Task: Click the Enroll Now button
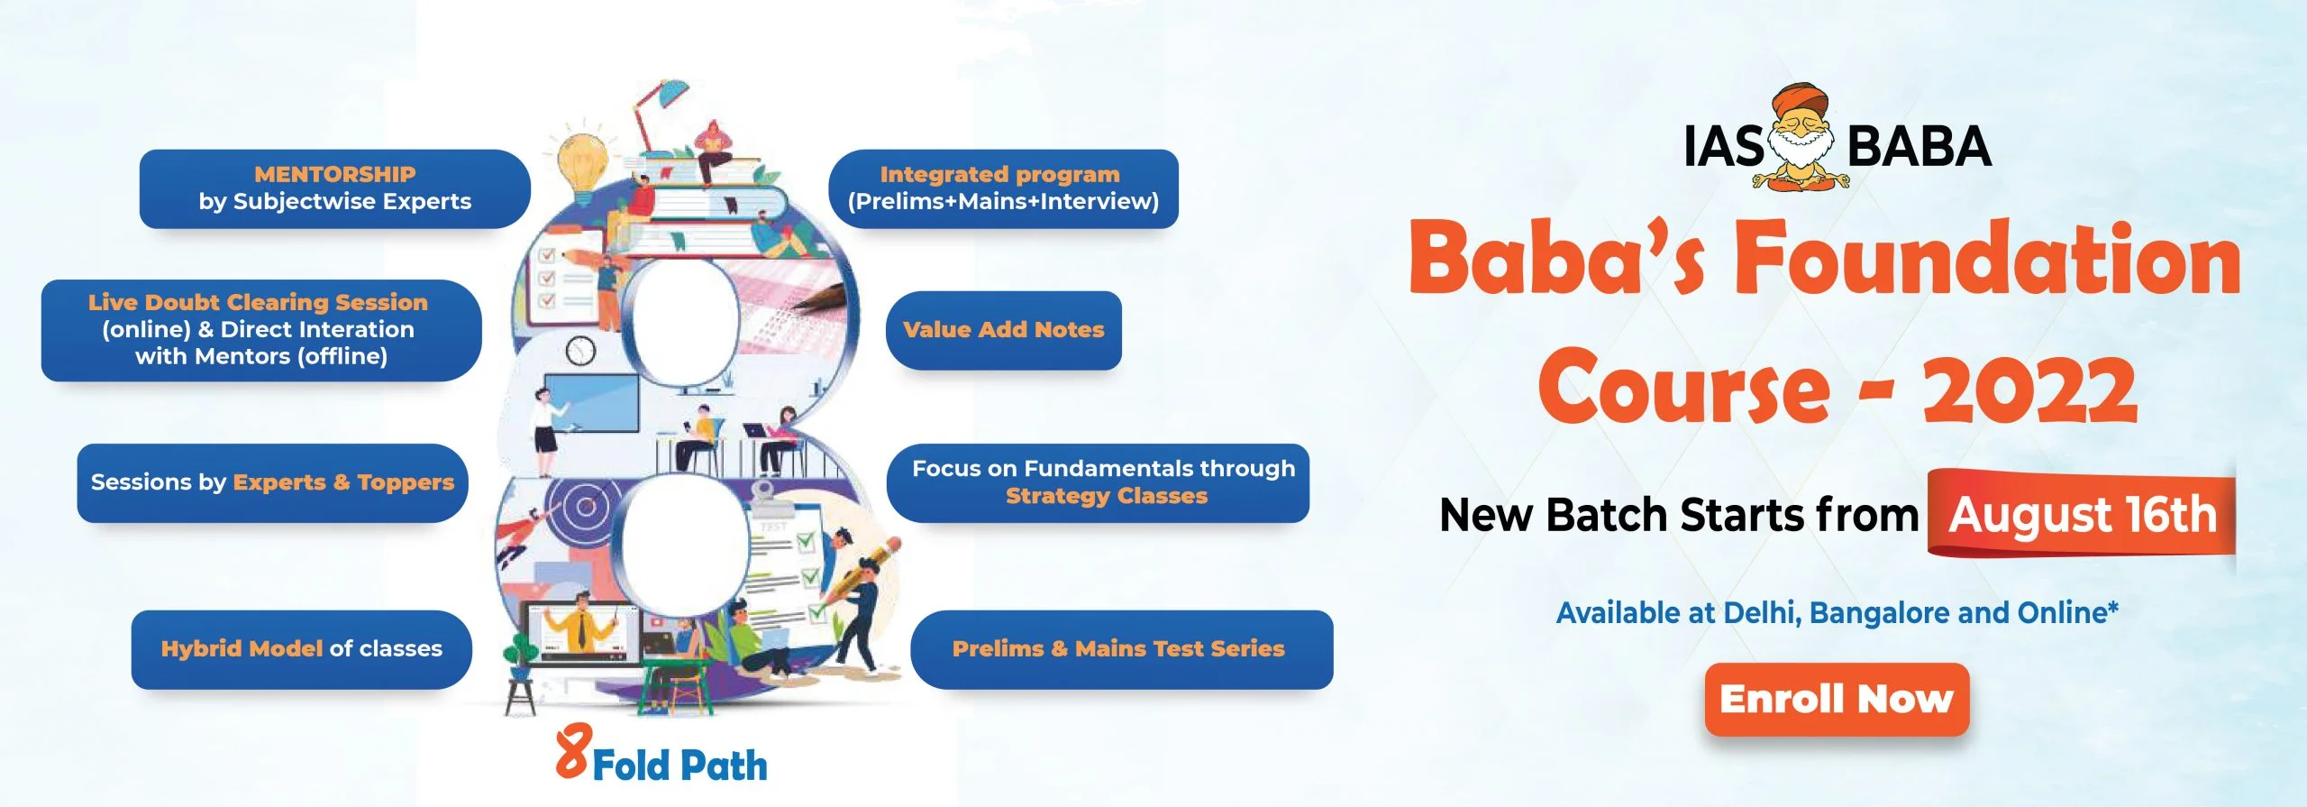tap(1837, 700)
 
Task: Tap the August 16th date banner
tap(2082, 514)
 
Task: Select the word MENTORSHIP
tap(334, 174)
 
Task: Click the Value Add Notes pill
tap(1003, 330)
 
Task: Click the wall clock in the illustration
tap(580, 351)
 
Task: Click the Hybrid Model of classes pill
tap(301, 649)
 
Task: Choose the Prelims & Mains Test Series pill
tap(1121, 649)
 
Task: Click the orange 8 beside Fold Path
tap(573, 751)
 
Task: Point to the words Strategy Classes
tap(1107, 496)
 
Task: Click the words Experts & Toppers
tap(343, 482)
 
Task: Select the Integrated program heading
tap(1000, 174)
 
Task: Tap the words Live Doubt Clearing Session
tap(258, 302)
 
